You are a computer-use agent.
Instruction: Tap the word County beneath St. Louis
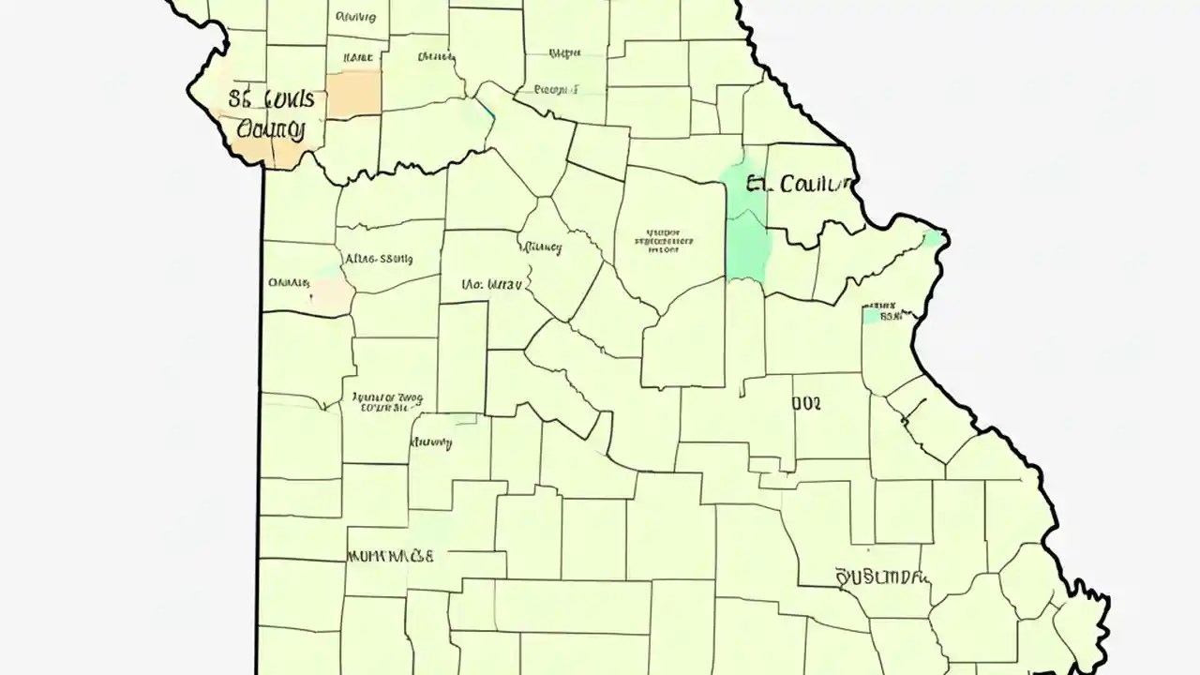(x=273, y=129)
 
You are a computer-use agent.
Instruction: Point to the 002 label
(x=806, y=403)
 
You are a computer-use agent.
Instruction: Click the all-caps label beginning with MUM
(x=390, y=556)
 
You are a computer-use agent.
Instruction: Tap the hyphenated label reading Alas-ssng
(x=379, y=260)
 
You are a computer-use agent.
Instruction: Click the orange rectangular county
(x=354, y=94)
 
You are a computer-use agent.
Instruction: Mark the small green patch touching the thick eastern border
(x=933, y=238)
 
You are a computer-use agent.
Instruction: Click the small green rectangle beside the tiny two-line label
(x=872, y=317)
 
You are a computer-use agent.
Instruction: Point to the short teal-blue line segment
(x=486, y=112)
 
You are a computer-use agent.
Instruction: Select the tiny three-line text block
(x=665, y=240)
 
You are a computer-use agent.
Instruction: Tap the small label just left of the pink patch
(x=289, y=281)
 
